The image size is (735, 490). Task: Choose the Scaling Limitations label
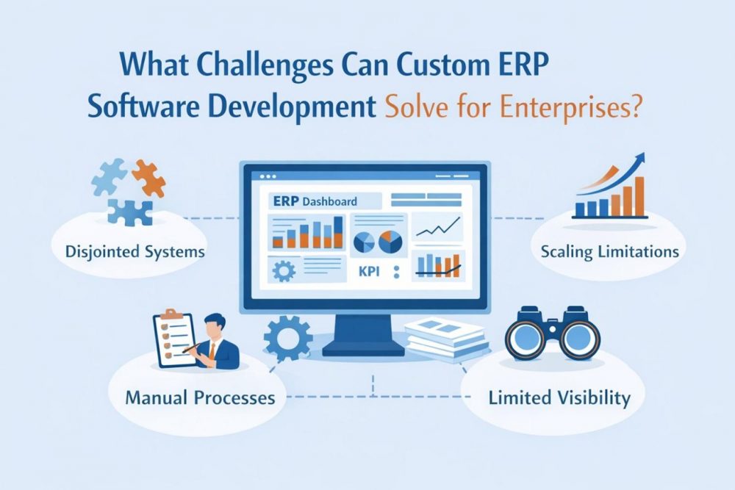609,251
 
